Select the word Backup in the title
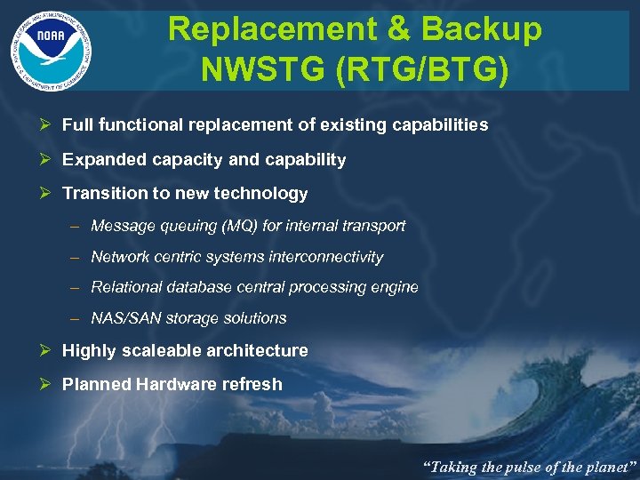pyautogui.click(x=481, y=28)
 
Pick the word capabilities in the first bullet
pyautogui.click(x=441, y=125)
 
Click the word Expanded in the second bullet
pyautogui.click(x=97, y=160)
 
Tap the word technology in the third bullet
pyautogui.click(x=265, y=194)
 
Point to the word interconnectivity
pyautogui.click(x=328, y=257)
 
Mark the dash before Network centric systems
pyautogui.click(x=75, y=257)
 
